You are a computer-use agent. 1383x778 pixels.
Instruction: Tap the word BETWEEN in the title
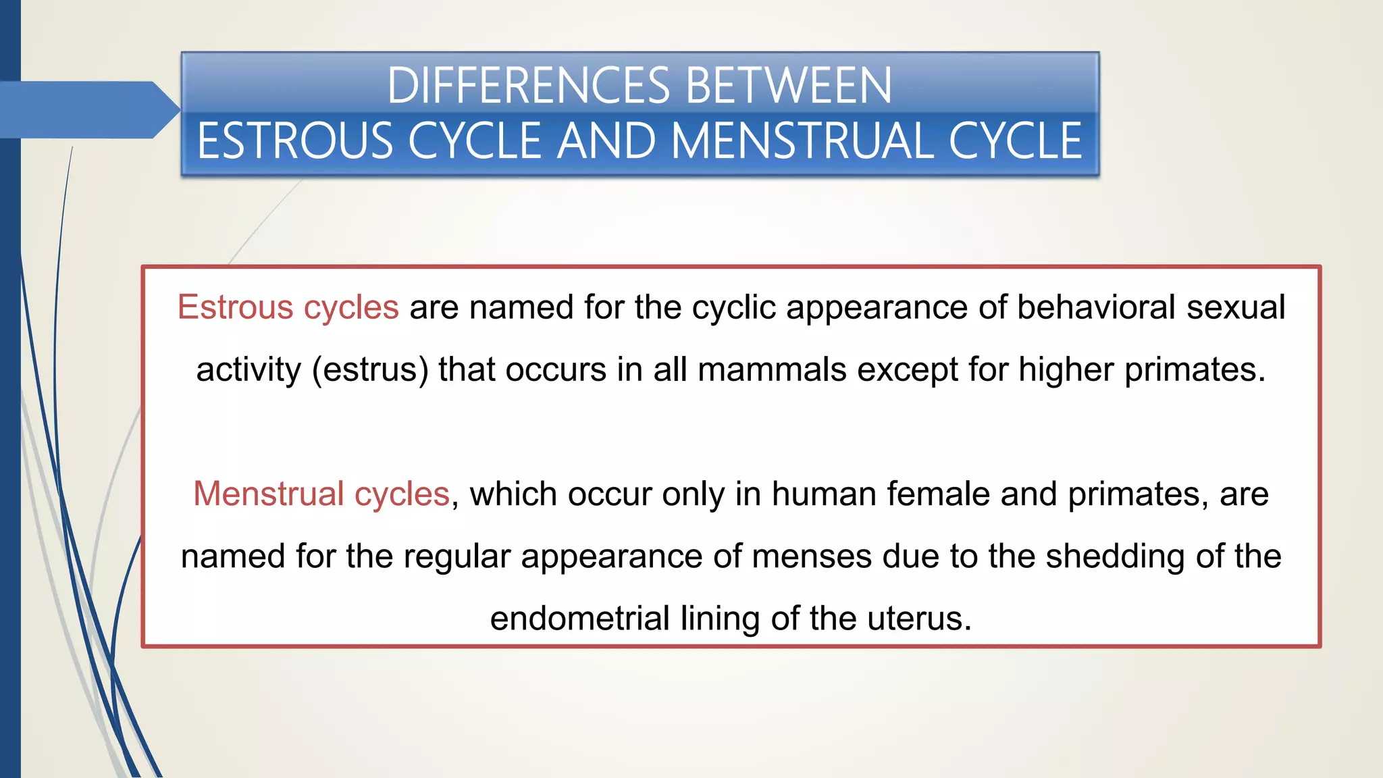point(788,86)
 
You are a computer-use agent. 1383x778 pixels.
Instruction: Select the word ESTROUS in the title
point(295,141)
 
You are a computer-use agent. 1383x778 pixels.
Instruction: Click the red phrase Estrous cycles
point(288,307)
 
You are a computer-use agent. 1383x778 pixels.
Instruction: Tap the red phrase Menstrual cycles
point(321,494)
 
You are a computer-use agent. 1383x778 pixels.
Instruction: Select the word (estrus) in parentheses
point(370,370)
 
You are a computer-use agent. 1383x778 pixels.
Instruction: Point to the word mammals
point(772,370)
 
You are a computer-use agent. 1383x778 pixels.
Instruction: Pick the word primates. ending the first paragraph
point(1195,370)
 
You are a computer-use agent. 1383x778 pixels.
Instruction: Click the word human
point(824,494)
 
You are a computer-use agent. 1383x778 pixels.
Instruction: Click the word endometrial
point(579,619)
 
